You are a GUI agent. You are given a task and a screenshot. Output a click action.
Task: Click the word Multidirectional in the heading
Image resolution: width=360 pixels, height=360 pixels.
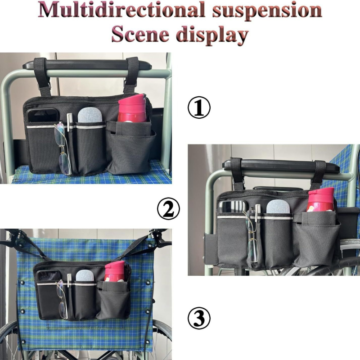[x=121, y=10]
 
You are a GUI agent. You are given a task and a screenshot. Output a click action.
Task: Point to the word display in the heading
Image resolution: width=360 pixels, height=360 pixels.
[x=212, y=35]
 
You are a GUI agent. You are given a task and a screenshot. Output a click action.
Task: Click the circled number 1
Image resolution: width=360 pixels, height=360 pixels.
[x=199, y=108]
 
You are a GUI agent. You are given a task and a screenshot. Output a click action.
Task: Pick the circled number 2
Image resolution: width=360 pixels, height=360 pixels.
[x=168, y=208]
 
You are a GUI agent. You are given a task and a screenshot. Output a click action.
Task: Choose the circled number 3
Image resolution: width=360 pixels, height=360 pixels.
[x=199, y=319]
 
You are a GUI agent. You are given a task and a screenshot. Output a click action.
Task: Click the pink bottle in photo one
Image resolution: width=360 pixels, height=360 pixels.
[x=132, y=108]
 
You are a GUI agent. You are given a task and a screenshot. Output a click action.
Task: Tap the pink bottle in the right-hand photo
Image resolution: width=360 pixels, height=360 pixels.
[x=320, y=199]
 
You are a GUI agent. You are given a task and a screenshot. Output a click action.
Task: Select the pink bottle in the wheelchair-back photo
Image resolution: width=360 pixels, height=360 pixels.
[x=115, y=271]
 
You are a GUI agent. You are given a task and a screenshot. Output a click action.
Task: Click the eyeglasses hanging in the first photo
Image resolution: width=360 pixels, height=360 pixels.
[x=63, y=148]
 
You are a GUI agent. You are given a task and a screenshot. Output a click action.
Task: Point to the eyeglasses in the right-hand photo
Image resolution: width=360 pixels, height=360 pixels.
[x=252, y=235]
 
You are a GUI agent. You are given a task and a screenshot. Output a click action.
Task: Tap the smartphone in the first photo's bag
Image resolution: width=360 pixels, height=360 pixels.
[x=42, y=116]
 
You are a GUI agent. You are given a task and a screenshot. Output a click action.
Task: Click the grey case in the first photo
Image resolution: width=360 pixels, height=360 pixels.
[x=90, y=115]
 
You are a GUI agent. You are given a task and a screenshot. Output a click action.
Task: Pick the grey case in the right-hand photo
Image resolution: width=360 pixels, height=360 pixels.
[x=278, y=207]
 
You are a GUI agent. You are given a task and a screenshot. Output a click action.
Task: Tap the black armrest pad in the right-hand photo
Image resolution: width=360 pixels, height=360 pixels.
[x=281, y=166]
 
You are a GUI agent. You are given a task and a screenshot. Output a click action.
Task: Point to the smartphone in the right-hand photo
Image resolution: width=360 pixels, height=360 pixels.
[x=232, y=207]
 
